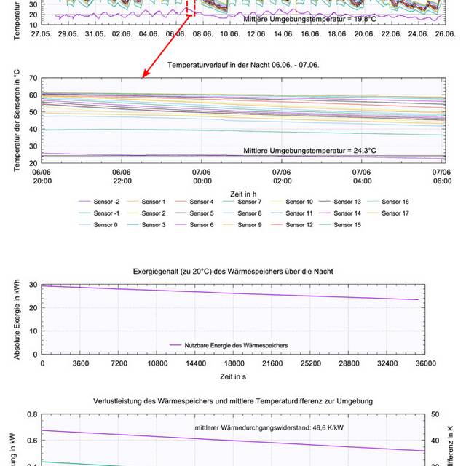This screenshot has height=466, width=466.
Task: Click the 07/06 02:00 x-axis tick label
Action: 282,175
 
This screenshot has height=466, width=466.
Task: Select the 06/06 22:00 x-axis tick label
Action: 122,175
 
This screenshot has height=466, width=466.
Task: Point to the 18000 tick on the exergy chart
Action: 234,363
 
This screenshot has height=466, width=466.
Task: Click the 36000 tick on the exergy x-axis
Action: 425,363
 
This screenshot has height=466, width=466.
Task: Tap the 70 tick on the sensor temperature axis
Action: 34,78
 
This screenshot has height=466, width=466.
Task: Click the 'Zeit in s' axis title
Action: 234,376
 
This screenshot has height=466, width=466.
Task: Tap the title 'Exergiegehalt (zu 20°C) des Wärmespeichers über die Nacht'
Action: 234,271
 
